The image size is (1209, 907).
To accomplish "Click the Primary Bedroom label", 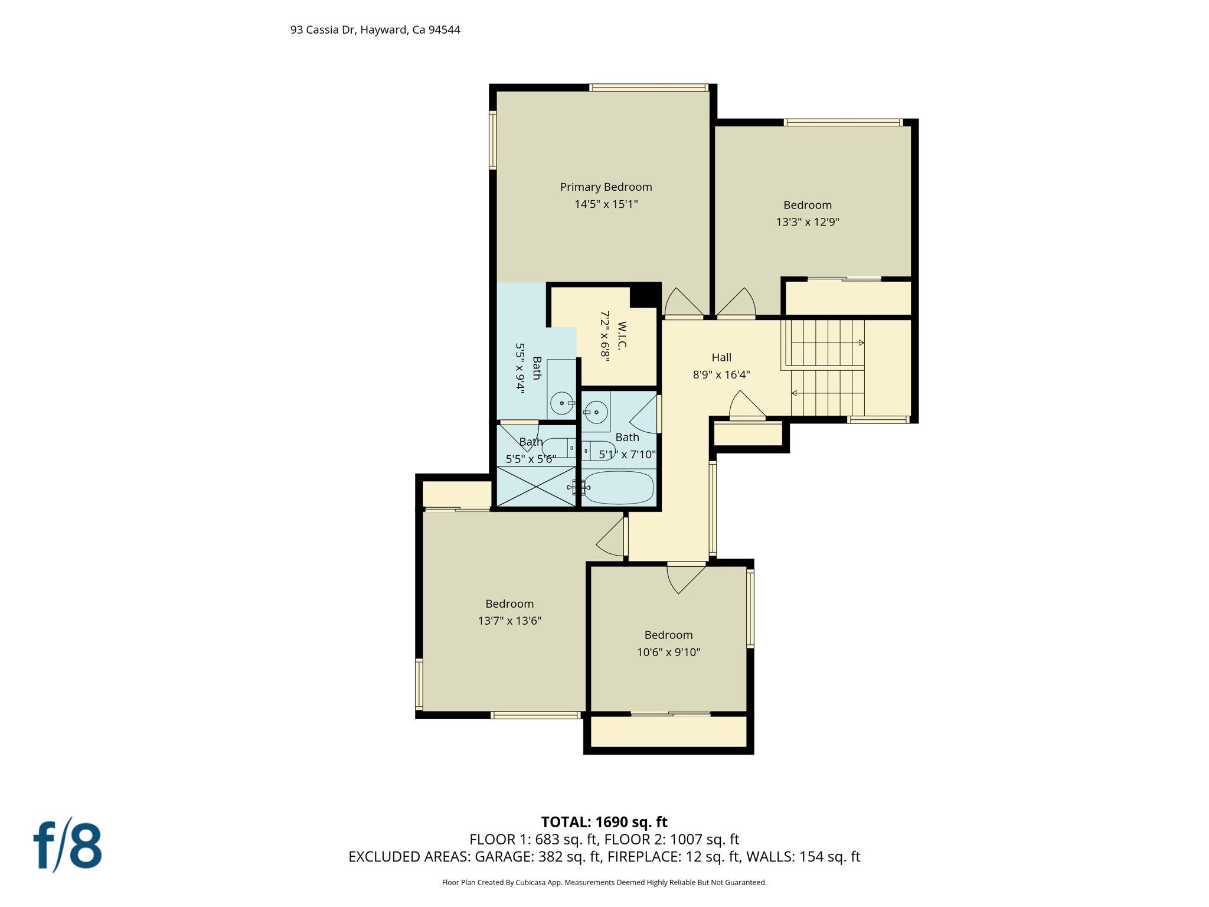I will (x=606, y=187).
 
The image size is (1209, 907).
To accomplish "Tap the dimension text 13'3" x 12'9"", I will (x=807, y=223).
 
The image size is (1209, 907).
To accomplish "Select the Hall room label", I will (x=721, y=357).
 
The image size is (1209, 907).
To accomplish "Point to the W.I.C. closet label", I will (x=622, y=335).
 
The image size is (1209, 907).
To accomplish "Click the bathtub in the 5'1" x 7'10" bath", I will (x=619, y=487).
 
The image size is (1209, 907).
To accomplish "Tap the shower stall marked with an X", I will (x=536, y=487).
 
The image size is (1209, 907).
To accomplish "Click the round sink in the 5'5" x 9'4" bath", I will (x=561, y=403).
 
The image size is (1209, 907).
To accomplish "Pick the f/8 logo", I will (x=67, y=846).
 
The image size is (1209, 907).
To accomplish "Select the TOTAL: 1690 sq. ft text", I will (x=604, y=822).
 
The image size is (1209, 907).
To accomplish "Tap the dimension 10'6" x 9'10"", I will (x=668, y=652).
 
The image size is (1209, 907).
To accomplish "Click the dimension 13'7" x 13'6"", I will (x=509, y=621).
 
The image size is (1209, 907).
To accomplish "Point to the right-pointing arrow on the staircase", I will (x=861, y=342).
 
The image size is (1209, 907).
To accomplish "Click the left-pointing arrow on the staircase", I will (x=794, y=393).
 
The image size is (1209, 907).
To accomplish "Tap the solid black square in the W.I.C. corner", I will (x=645, y=295).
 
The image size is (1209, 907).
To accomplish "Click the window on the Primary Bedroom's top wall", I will (x=648, y=88).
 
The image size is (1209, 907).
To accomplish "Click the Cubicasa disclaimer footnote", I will (x=604, y=883).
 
